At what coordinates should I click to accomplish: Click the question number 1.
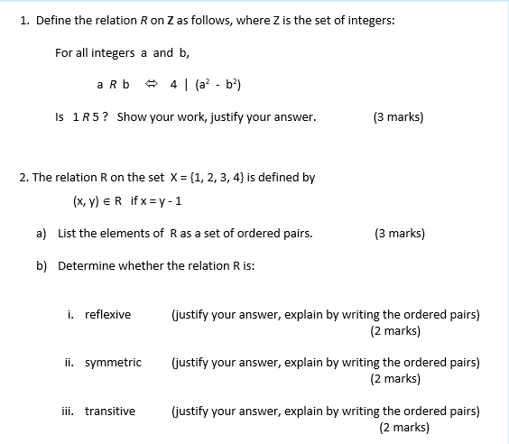pos(23,21)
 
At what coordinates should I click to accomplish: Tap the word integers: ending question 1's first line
pos(367,21)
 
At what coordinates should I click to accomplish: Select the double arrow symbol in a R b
pos(153,85)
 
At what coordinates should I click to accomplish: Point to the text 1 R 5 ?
pos(89,116)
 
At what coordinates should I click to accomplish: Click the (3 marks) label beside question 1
pos(398,116)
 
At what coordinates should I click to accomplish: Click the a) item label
pos(42,233)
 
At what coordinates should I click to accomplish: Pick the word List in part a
pos(67,233)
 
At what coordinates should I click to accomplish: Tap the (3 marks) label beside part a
pos(398,233)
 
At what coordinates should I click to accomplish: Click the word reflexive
pos(107,314)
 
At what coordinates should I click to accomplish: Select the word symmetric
pos(113,362)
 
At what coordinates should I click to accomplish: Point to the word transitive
pos(110,411)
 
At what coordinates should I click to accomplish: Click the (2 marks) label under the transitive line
pos(404,427)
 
